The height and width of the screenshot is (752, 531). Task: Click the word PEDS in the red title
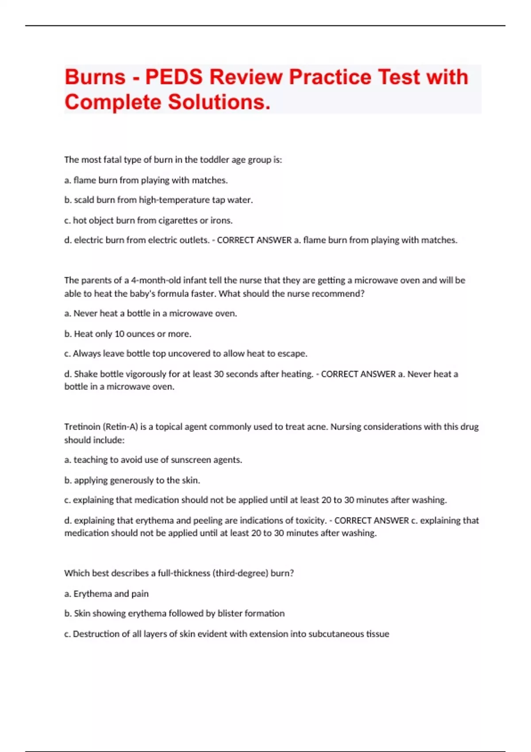tap(174, 77)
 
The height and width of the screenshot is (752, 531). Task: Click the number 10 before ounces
tap(119, 334)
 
